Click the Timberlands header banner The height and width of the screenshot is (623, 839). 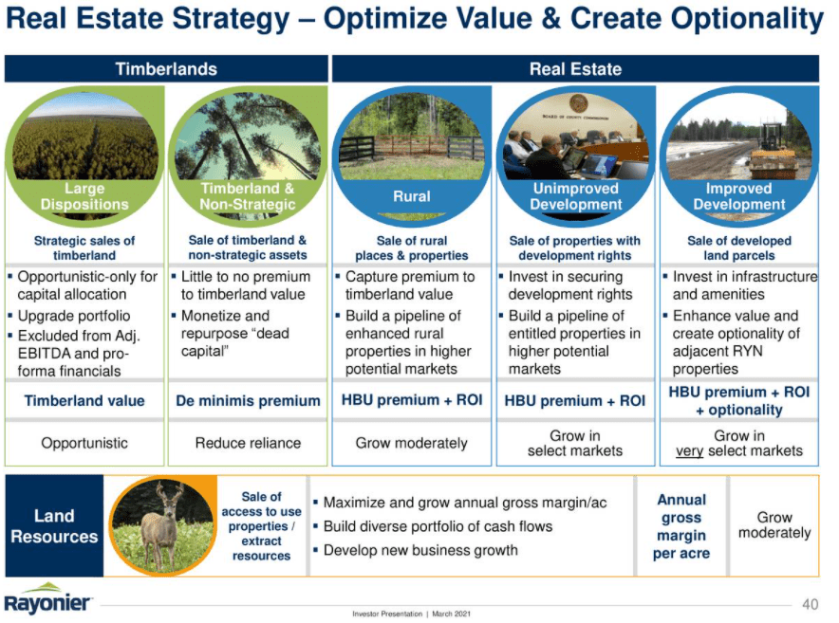(x=166, y=69)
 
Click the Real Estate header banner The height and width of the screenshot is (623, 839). (x=574, y=69)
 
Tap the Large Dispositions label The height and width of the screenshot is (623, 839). (x=84, y=196)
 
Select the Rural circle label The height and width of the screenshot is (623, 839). (x=412, y=196)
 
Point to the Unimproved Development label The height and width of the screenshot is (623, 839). (x=575, y=196)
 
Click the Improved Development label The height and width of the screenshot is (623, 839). (x=738, y=196)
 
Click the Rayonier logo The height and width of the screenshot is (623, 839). (x=48, y=602)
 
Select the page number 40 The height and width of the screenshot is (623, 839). (x=810, y=604)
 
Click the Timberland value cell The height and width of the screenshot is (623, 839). (x=84, y=400)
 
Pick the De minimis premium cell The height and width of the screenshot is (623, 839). (x=248, y=400)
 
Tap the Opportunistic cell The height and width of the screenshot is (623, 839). (x=84, y=443)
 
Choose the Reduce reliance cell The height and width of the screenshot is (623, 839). (x=248, y=443)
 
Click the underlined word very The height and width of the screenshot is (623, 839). (x=689, y=450)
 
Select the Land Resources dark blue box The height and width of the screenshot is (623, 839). (x=54, y=526)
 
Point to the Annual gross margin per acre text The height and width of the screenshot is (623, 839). (x=681, y=526)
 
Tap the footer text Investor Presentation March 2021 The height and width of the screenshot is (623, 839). (x=410, y=614)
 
